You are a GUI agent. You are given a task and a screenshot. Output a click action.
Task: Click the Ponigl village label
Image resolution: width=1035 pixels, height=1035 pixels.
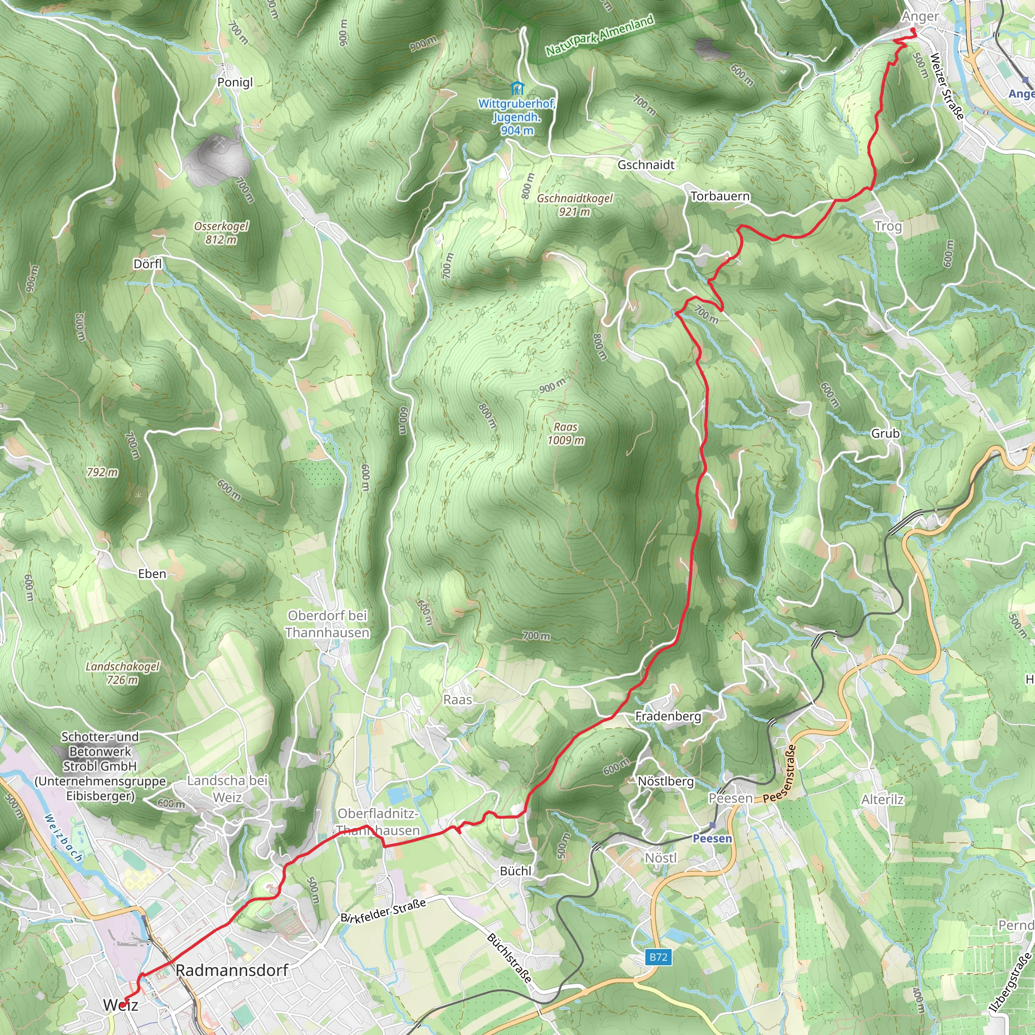tap(234, 82)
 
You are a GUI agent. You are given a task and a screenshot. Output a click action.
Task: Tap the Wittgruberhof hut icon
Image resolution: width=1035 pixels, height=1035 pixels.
tap(517, 88)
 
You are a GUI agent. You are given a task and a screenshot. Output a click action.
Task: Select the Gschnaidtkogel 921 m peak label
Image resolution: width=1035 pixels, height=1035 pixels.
tap(574, 205)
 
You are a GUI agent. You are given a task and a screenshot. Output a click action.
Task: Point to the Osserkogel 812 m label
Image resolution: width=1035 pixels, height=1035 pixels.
tap(221, 233)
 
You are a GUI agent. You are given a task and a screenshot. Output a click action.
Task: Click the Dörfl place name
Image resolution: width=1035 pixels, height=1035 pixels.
tap(148, 264)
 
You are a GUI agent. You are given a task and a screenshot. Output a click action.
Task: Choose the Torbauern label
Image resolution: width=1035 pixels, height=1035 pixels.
tap(720, 197)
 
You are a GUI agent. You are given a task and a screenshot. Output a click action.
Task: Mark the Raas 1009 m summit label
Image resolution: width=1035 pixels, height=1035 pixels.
tap(566, 434)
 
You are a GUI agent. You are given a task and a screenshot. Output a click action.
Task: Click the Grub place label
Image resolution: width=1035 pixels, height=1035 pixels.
tap(885, 434)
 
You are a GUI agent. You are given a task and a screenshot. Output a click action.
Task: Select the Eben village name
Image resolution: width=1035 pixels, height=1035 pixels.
tap(152, 574)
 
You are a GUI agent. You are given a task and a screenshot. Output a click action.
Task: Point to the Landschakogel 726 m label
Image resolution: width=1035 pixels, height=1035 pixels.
tap(122, 673)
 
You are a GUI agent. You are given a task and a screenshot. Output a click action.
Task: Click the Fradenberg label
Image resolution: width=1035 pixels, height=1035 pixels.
tap(668, 716)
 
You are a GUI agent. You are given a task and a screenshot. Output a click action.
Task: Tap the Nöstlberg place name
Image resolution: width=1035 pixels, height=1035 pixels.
tap(666, 782)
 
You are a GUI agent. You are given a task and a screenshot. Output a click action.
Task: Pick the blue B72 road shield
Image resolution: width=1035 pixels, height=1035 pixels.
tap(658, 957)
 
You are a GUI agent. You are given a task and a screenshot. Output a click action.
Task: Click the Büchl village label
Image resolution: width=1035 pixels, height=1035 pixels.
tap(515, 871)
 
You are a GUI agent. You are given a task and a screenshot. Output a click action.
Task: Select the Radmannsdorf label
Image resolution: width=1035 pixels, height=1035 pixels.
tap(232, 970)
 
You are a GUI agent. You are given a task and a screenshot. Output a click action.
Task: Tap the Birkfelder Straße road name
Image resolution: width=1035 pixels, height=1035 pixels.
tap(383, 910)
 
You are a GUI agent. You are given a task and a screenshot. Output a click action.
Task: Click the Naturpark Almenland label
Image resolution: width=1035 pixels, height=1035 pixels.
tap(599, 36)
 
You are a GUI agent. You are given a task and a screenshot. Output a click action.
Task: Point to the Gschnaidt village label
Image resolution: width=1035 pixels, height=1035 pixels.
tap(645, 165)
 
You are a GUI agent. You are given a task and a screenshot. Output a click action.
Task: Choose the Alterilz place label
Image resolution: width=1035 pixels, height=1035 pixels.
tap(882, 800)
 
